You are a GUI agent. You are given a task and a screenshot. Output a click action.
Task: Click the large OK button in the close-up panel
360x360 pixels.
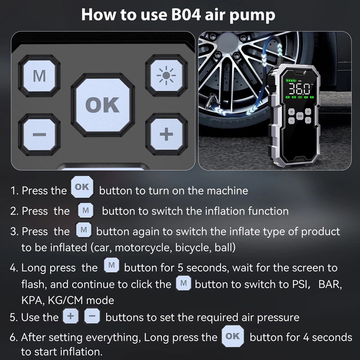click(103, 105)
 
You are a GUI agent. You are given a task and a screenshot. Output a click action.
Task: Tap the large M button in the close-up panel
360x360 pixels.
click(39, 76)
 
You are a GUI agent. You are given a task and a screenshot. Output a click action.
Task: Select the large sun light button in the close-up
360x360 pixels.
click(166, 76)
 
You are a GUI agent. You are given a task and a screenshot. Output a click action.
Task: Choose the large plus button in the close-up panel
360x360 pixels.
click(166, 134)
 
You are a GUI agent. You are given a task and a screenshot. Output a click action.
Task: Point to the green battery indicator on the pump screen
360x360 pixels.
click(291, 81)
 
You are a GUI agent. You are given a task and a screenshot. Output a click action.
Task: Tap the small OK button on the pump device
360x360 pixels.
click(300, 116)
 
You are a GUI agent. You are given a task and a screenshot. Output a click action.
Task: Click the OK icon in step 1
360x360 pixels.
click(82, 187)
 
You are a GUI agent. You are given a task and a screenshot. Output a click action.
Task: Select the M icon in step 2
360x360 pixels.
click(86, 210)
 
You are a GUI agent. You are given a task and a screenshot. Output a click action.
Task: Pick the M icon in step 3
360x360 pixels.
click(84, 230)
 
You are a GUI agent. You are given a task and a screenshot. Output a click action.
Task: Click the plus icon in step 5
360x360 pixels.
click(71, 316)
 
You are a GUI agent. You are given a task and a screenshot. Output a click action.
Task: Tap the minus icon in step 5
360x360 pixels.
click(92, 316)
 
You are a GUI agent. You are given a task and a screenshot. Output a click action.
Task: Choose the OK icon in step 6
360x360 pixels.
click(233, 336)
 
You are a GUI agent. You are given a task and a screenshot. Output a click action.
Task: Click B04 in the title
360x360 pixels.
click(186, 15)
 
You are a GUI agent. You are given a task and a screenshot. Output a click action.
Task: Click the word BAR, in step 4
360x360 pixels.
click(330, 284)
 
